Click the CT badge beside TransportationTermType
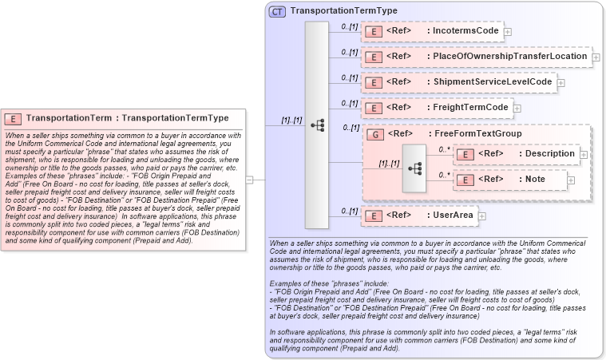[277, 11]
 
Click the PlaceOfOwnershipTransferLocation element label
[507, 57]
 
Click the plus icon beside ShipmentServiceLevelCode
[560, 82]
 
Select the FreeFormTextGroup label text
[477, 134]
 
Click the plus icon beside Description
[584, 154]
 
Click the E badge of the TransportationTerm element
[14, 118]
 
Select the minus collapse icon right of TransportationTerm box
[249, 180]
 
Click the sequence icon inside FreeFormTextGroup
[414, 168]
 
